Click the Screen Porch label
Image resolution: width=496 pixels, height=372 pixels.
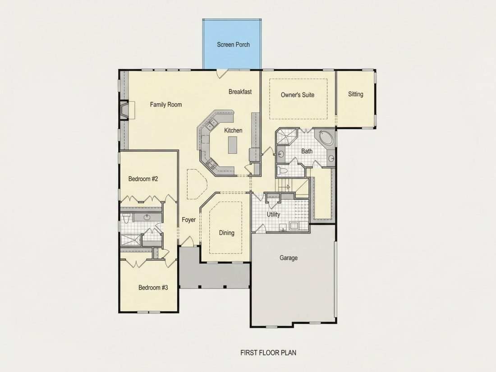pos(233,45)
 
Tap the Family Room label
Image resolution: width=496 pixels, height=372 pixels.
pos(166,105)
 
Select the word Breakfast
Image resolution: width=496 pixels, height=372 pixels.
pos(240,92)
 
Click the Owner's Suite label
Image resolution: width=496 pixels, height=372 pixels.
pos(298,95)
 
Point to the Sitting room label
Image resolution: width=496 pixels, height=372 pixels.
pos(356,94)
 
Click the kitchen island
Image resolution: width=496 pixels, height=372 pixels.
pos(233,145)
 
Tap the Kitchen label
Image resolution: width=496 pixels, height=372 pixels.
pos(233,130)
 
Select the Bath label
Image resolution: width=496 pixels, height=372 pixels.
pos(307,151)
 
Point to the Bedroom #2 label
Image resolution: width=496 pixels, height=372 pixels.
pos(143,179)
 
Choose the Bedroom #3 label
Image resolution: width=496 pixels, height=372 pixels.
pos(153,288)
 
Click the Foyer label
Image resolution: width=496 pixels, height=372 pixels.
pos(189,220)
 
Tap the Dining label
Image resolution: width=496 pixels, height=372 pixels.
pos(227,233)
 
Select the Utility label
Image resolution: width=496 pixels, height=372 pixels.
pos(273,215)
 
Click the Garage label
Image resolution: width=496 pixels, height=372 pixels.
pos(289,258)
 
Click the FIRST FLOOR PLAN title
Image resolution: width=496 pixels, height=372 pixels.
pos(268,353)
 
